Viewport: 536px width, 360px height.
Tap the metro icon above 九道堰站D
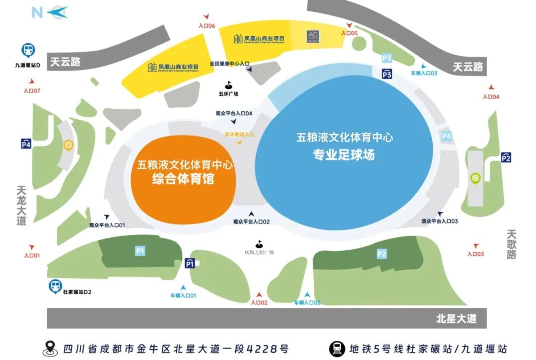point(28,51)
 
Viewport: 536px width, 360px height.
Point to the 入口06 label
point(206,25)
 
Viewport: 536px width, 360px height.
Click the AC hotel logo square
point(313,37)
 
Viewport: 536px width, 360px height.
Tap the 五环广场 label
point(228,94)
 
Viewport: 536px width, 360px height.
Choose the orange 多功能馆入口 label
point(239,134)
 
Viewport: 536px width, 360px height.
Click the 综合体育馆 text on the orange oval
point(183,179)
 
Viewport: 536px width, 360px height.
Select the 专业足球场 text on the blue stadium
point(343,155)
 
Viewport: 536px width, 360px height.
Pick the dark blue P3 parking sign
point(387,74)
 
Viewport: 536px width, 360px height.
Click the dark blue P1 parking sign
point(190,264)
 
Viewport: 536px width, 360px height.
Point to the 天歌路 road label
point(512,244)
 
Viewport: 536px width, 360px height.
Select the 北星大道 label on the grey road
point(456,319)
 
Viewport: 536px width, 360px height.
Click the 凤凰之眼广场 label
point(259,252)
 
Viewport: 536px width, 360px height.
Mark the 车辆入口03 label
point(424,73)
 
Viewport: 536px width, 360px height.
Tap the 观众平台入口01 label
point(107,225)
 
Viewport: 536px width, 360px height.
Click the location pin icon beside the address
point(50,349)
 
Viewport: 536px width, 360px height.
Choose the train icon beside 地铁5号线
point(336,349)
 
